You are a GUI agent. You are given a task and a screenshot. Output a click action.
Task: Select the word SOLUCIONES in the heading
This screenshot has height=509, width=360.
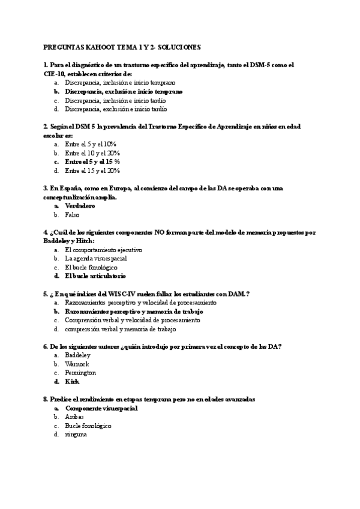click(x=179, y=46)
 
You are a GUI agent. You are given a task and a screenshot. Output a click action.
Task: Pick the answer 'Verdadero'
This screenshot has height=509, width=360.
click(x=81, y=206)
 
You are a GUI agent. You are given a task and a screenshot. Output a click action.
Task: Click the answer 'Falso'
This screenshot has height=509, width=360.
click(x=72, y=214)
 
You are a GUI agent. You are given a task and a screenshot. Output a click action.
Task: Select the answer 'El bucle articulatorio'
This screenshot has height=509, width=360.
click(x=95, y=276)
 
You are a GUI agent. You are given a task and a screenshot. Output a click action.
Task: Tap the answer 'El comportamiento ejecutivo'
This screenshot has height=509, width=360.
click(x=103, y=250)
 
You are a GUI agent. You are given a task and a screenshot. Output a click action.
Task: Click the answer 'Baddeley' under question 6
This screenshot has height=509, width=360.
click(x=77, y=355)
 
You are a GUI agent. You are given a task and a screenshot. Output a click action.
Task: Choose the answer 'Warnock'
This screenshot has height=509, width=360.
click(x=77, y=364)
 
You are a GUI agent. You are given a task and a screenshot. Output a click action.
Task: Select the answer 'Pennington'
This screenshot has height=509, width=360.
click(x=80, y=373)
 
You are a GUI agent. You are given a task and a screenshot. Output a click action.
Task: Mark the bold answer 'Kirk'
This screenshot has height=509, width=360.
click(x=72, y=381)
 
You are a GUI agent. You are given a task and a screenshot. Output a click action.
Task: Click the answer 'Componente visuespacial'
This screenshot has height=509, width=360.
click(x=101, y=408)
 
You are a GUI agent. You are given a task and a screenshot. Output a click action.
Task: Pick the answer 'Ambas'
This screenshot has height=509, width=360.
click(x=74, y=417)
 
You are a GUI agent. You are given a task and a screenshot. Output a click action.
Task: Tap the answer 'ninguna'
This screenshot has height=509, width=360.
click(x=76, y=434)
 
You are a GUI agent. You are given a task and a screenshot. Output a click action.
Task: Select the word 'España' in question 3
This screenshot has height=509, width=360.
click(x=68, y=188)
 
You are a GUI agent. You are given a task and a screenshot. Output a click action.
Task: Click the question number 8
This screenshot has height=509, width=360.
click(x=46, y=399)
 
